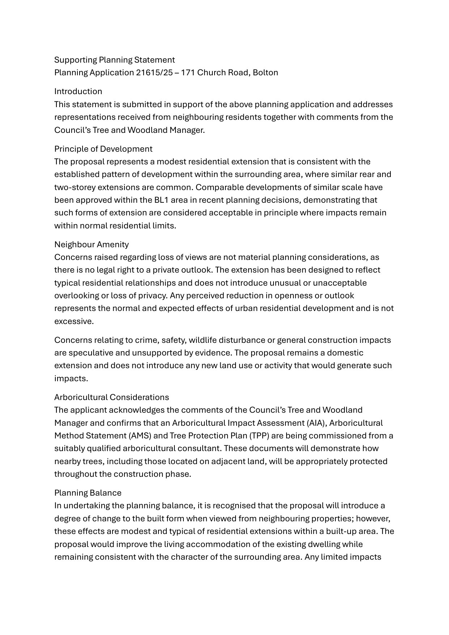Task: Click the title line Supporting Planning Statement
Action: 114,60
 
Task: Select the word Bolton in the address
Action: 265,72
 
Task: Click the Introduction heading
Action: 78,91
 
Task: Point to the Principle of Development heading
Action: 103,149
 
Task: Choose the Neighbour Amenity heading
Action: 91,244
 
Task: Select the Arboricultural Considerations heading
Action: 111,397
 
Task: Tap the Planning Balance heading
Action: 88,493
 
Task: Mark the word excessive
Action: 74,321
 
